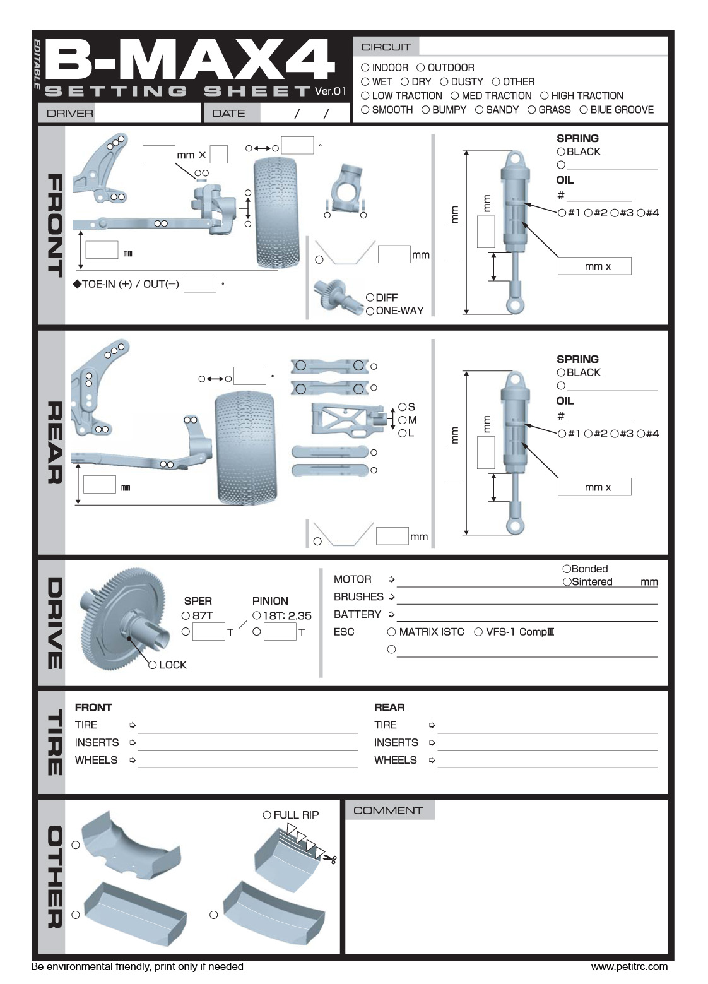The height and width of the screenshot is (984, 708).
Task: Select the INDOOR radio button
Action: point(365,68)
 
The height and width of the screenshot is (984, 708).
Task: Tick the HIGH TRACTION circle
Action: point(544,96)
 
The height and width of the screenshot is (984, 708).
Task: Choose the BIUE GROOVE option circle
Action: point(584,110)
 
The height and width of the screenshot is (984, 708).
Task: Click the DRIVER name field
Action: point(146,114)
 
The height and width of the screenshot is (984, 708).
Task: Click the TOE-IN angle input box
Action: point(200,283)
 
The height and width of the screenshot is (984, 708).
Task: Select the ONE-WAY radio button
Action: point(370,311)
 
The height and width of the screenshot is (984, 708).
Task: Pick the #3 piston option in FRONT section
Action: point(614,213)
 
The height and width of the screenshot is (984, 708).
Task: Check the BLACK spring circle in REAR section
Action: point(561,372)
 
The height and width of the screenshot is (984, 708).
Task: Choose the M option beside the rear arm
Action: point(402,420)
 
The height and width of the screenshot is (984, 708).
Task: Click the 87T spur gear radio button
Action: point(186,615)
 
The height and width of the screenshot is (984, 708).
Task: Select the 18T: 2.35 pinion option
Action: point(257,615)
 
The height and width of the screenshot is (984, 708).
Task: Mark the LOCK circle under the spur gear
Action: point(152,665)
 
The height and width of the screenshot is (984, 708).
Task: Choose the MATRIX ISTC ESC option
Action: point(392,632)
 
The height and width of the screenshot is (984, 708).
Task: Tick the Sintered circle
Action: point(567,582)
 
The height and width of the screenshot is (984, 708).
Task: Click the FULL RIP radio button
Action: point(267,815)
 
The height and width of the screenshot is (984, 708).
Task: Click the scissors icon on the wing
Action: point(329,858)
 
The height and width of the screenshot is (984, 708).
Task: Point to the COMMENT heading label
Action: point(388,810)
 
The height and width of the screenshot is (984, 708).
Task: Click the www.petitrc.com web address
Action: point(628,966)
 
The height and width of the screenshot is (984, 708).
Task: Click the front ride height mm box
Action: point(102,250)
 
